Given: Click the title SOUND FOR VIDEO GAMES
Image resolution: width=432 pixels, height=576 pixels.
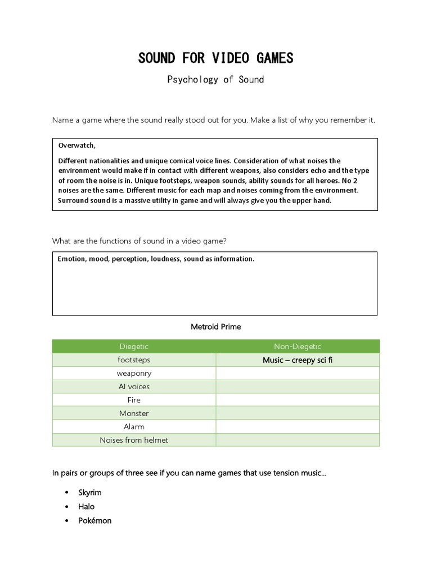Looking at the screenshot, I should [215, 58].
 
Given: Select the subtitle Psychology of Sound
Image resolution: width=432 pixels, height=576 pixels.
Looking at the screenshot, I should [215, 79].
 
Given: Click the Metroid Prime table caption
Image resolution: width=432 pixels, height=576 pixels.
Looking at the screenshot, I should [215, 327].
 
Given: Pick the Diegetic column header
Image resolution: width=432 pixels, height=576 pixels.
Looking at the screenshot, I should [134, 346].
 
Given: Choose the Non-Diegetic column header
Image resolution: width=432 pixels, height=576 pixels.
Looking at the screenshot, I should [297, 346].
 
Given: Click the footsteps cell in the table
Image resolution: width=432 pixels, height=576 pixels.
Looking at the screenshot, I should [134, 360].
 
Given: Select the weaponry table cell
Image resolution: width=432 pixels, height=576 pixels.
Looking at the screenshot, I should [134, 373].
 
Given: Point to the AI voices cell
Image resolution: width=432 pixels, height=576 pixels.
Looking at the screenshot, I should [134, 387].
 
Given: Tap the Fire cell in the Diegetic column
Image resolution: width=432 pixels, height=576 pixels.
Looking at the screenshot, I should [134, 400].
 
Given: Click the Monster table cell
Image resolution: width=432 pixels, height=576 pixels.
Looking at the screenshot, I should [134, 413].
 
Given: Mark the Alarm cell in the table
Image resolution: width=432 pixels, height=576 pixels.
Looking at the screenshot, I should [134, 427].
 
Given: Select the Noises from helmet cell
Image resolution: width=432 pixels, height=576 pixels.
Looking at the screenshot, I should [134, 440].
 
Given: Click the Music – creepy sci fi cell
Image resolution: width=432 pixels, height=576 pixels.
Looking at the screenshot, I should [297, 360].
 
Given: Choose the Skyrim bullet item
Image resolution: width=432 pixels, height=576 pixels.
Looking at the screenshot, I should [90, 492].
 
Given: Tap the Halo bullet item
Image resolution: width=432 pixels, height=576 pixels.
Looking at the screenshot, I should [87, 506].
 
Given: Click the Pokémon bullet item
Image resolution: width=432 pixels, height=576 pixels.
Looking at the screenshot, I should [94, 520].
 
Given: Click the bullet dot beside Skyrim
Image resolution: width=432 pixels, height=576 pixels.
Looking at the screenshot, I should [66, 493].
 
